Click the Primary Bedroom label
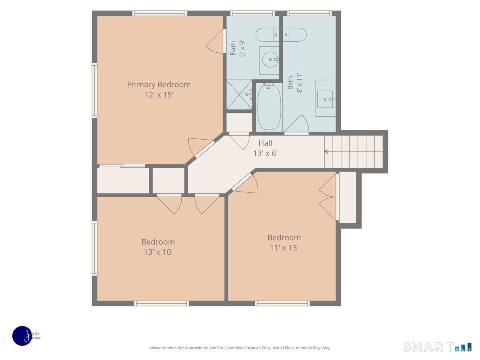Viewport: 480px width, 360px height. pos(159,85)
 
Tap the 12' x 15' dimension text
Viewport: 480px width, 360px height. pos(159,95)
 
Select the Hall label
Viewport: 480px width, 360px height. pos(265,143)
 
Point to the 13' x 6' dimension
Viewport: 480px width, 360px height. pos(265,153)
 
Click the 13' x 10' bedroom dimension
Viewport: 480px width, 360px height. pos(158,252)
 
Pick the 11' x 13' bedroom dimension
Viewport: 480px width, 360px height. pos(284,248)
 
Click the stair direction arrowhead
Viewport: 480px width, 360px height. pos(326,152)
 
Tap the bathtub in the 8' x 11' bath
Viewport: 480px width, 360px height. pos(269,107)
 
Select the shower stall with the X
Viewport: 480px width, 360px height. pos(239,95)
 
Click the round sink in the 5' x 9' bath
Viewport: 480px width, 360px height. pos(270,60)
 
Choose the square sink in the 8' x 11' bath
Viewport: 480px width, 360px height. pos(325,100)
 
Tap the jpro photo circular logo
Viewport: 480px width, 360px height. pos(22,336)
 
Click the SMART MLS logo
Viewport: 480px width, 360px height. pos(437,347)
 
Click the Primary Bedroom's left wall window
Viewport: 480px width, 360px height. pos(94,90)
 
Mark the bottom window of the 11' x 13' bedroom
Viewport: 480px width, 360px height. pos(282,303)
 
